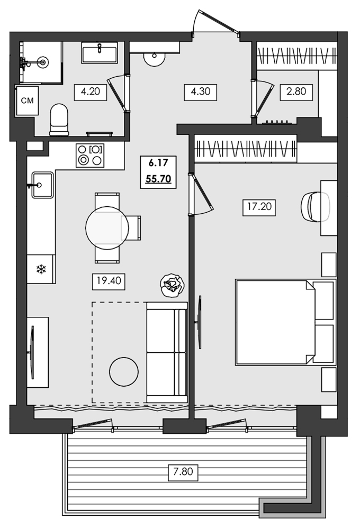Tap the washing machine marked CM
pyautogui.click(x=26, y=102)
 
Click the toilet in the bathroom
pyautogui.click(x=58, y=120)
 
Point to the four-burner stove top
pyautogui.click(x=89, y=155)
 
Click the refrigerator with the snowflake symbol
pyautogui.click(x=41, y=269)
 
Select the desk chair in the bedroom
pyautogui.click(x=314, y=205)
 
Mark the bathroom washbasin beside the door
pyautogui.click(x=100, y=54)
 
